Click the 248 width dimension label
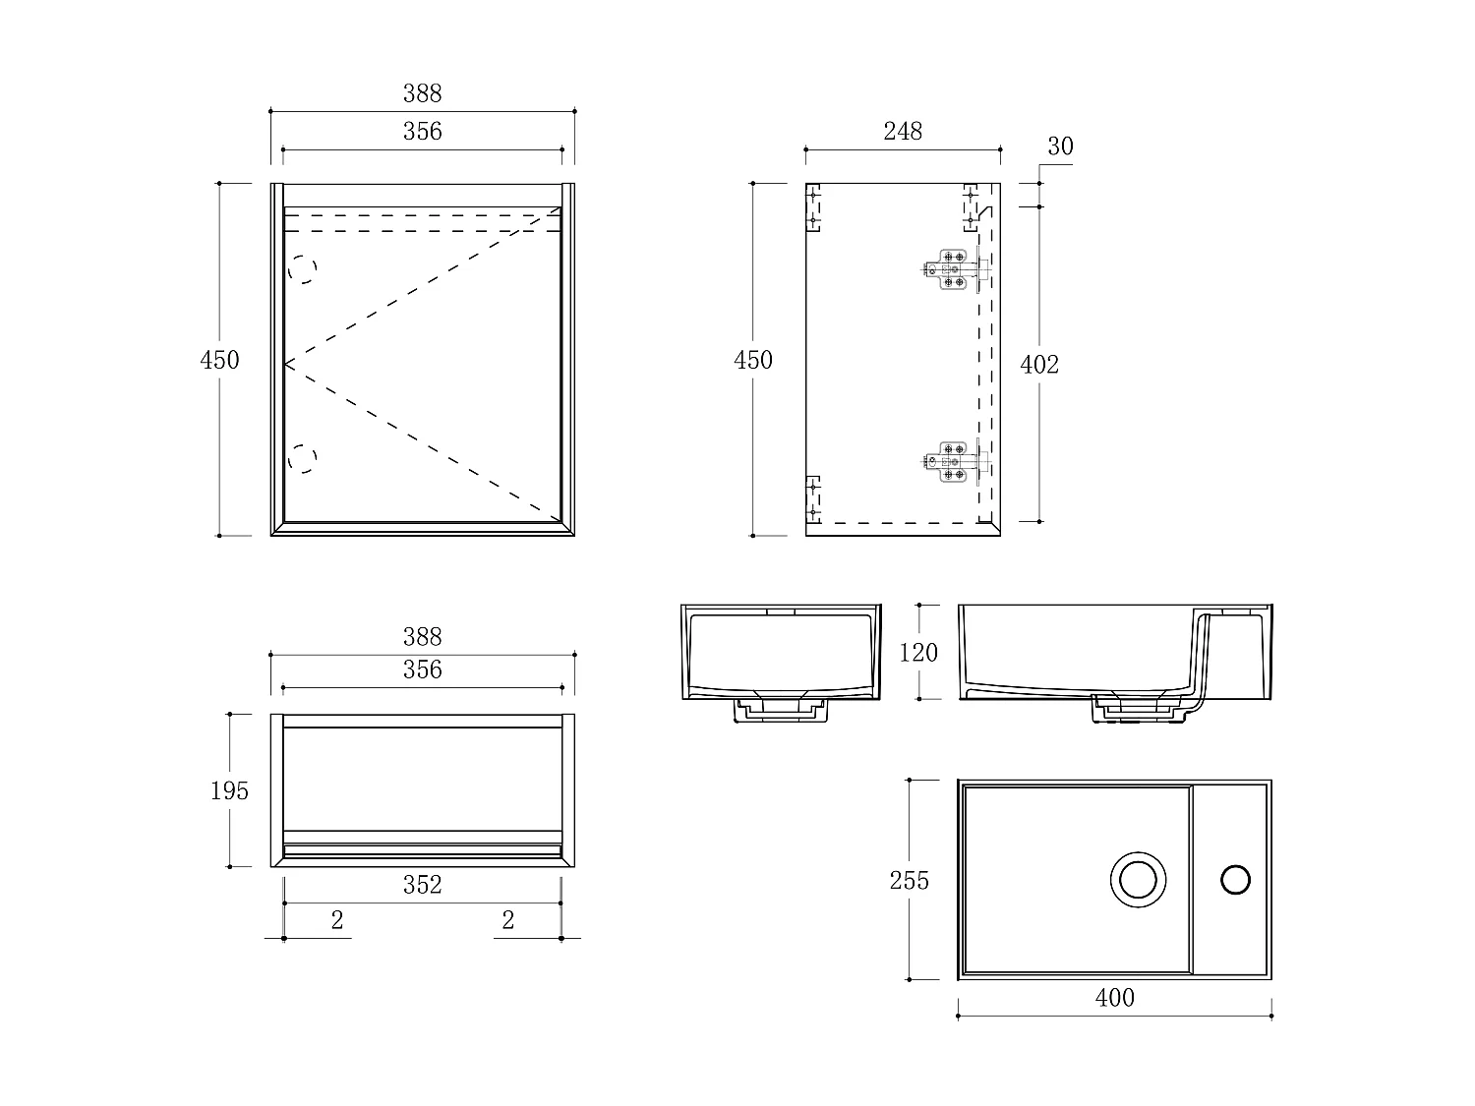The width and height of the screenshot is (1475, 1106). [x=902, y=131]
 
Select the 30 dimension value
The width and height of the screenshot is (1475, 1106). [x=1060, y=146]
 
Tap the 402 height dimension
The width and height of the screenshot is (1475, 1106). [x=1039, y=365]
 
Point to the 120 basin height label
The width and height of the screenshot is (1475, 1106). [x=918, y=652]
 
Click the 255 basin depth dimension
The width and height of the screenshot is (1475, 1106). [x=909, y=880]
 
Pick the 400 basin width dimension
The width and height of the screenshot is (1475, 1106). [x=1114, y=998]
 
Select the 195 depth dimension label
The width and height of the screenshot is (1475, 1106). [x=229, y=790]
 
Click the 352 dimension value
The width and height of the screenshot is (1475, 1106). [x=422, y=885]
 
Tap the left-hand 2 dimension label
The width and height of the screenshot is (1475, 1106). [x=337, y=920]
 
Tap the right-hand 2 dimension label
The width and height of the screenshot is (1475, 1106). [x=507, y=920]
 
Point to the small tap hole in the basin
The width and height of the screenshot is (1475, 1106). [x=1235, y=879]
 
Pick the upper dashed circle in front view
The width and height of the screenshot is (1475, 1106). [x=303, y=268]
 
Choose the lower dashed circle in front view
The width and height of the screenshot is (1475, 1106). [x=303, y=458]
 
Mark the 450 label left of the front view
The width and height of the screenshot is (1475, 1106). [x=219, y=360]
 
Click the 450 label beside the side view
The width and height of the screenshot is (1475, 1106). [x=753, y=360]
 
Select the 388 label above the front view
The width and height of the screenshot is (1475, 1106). [x=422, y=93]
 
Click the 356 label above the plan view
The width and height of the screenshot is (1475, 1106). [x=422, y=669]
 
